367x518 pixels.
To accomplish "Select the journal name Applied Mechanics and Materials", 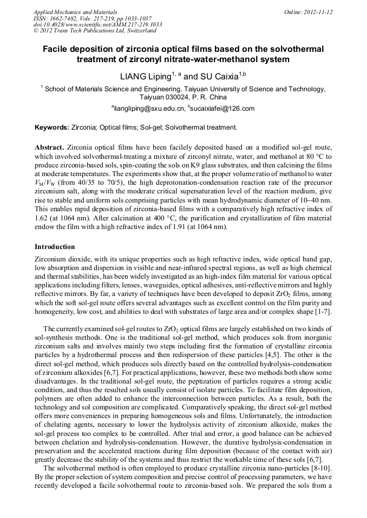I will pos(75,11).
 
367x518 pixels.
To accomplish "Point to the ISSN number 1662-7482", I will pos(63,18).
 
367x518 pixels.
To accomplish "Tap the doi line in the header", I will pos(97,24).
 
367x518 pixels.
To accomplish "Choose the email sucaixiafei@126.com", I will pos(222,109).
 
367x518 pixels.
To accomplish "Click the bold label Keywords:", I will pos(52,127).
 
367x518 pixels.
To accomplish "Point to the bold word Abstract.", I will pos(50,147).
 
